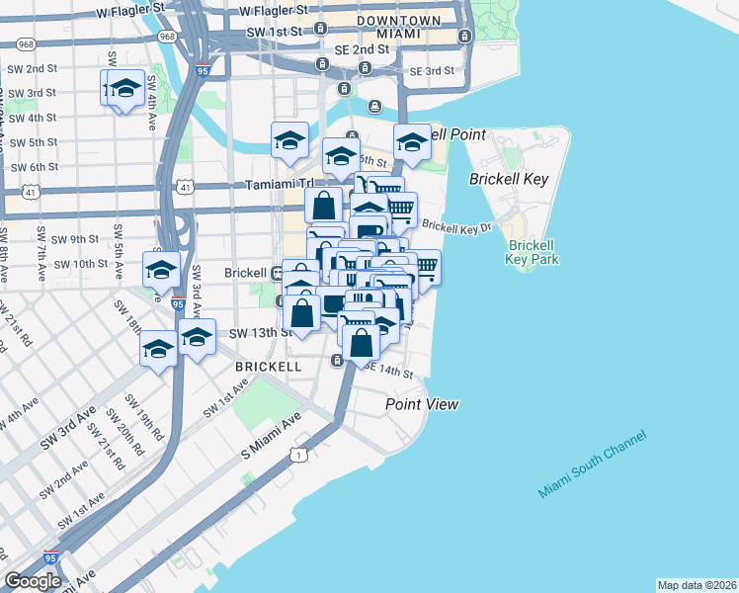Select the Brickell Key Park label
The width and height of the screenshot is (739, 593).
(x=533, y=252)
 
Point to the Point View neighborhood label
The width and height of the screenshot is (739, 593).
(x=422, y=404)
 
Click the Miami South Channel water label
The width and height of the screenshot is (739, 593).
(x=593, y=464)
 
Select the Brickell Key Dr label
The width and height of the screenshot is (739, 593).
(x=456, y=227)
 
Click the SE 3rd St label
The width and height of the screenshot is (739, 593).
(x=432, y=71)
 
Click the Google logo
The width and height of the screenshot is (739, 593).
(x=33, y=581)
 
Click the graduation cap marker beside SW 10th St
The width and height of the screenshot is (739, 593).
(x=162, y=269)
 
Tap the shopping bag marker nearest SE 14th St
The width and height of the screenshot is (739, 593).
(x=362, y=343)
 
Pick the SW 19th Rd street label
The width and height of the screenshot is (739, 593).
(x=143, y=419)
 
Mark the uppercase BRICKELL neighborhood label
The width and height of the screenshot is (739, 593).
(x=268, y=366)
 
